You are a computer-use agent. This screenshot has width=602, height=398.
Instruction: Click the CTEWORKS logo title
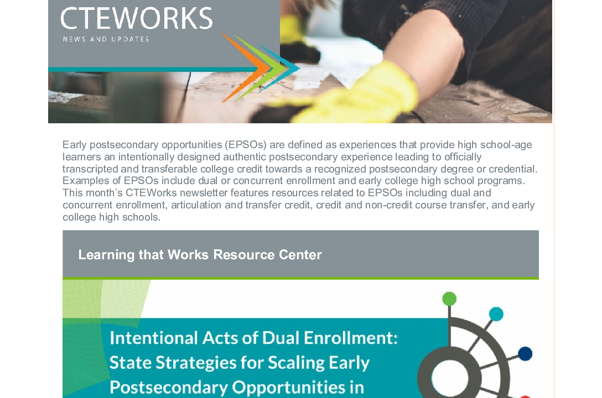pos(136,18)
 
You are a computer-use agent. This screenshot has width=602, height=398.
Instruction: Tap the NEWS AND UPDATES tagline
pos(106,39)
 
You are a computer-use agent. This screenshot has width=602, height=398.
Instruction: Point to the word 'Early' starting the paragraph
pos(75,145)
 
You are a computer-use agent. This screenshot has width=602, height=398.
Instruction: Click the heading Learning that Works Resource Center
pos(200,255)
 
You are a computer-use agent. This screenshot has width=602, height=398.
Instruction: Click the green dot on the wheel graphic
pos(449,298)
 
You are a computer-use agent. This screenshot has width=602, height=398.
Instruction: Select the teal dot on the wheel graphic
pos(496,314)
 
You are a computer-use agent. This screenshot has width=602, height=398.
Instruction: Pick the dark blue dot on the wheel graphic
pos(525,354)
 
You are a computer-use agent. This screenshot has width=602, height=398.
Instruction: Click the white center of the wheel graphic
pos(450,378)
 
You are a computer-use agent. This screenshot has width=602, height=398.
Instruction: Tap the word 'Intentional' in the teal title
pos(154,338)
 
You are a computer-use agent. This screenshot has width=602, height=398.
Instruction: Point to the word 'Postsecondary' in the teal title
pos(169,387)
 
